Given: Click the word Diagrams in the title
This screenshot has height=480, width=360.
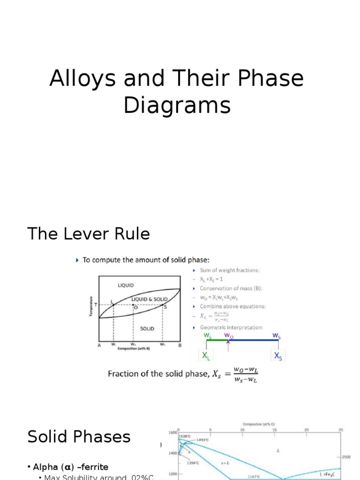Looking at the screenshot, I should coord(177,105).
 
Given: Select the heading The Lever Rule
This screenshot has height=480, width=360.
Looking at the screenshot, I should coord(89,233).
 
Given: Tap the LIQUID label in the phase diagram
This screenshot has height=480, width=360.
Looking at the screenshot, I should coord(126,285).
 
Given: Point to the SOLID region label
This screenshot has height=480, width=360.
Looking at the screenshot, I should coord(147,329).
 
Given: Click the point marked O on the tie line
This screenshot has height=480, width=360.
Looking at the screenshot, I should coord(134,306).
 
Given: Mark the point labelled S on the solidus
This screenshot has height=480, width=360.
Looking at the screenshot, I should coord(163,306).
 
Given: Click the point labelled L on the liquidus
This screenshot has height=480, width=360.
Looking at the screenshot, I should coord(112,305).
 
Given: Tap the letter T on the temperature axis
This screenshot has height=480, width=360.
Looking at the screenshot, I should coord(96,305).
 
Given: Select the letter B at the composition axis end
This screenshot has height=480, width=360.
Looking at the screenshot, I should coord(180,345).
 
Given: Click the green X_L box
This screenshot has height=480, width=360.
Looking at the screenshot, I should coord(206,356).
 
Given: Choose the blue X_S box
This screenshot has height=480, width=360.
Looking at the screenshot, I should coord(278,356).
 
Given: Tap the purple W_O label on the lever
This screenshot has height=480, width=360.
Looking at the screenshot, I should coord(228,335).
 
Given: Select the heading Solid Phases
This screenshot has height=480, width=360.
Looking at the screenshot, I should coord(79,437).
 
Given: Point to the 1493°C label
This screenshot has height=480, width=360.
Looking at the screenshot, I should coord(203,440).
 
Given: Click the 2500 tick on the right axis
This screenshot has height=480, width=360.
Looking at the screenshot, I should coord(346,457).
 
